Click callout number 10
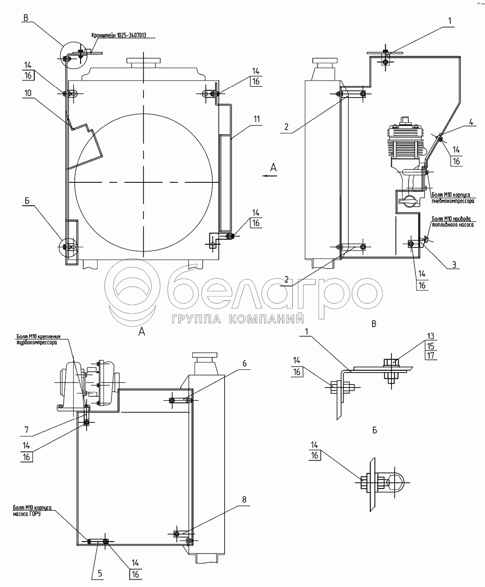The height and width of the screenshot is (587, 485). coord(28,93)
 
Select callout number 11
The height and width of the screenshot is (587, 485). coord(256,119)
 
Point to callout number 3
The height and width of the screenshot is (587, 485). coord(454,264)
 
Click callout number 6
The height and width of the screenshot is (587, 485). coord(244,363)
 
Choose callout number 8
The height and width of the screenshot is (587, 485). coord(244,499)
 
